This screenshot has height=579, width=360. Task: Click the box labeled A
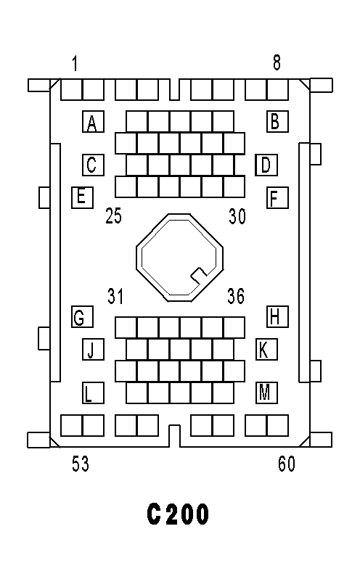point(93,121)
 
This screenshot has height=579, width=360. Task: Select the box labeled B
point(277,121)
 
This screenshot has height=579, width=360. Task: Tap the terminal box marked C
point(93,165)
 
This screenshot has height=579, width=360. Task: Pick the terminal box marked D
point(266,165)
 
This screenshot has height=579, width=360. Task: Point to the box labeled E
point(82,197)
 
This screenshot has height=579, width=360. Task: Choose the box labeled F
point(277,197)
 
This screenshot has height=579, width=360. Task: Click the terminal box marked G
point(82,316)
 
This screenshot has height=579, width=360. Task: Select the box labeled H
point(277,316)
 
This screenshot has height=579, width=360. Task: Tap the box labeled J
point(93,349)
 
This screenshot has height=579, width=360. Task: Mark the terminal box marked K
point(266,349)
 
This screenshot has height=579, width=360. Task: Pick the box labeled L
point(93,393)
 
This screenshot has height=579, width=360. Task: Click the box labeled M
point(266,393)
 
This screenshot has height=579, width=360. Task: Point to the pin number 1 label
point(75,63)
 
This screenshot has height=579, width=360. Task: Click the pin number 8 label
point(277,62)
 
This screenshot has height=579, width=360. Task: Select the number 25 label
point(113,215)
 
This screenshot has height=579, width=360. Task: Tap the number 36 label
point(236,296)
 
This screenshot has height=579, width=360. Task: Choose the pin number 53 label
point(81,464)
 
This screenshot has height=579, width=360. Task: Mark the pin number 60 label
point(287,464)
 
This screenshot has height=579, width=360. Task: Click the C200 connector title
point(178,514)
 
